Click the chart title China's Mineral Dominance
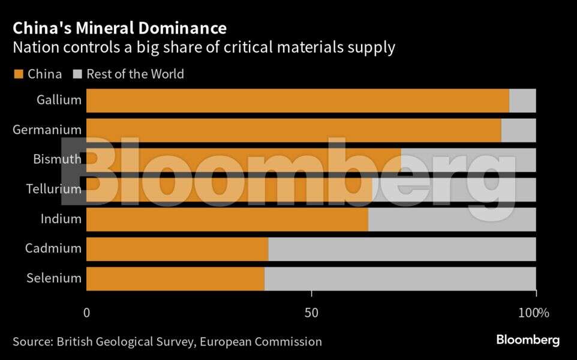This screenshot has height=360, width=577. click(119, 28)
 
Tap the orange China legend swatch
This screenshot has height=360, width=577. click(18, 74)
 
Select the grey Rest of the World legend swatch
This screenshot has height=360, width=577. click(77, 74)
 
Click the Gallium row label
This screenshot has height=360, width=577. click(59, 100)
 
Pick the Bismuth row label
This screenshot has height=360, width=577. click(57, 160)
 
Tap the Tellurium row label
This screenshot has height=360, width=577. click(53, 189)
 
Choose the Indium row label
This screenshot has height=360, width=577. click(61, 219)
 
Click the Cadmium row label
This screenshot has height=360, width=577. click(53, 248)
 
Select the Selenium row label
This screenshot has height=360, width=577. click(54, 278)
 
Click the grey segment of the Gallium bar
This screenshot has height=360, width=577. click(522, 100)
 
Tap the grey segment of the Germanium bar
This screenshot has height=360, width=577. click(518, 130)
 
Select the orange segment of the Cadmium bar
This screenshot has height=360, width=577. click(177, 248)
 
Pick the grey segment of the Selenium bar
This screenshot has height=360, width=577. click(400, 278)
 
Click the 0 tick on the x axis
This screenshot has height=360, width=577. click(86, 313)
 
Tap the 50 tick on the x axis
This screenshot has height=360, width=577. click(311, 313)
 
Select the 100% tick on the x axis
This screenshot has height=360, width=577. click(533, 313)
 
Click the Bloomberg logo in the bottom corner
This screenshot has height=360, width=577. click(528, 340)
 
